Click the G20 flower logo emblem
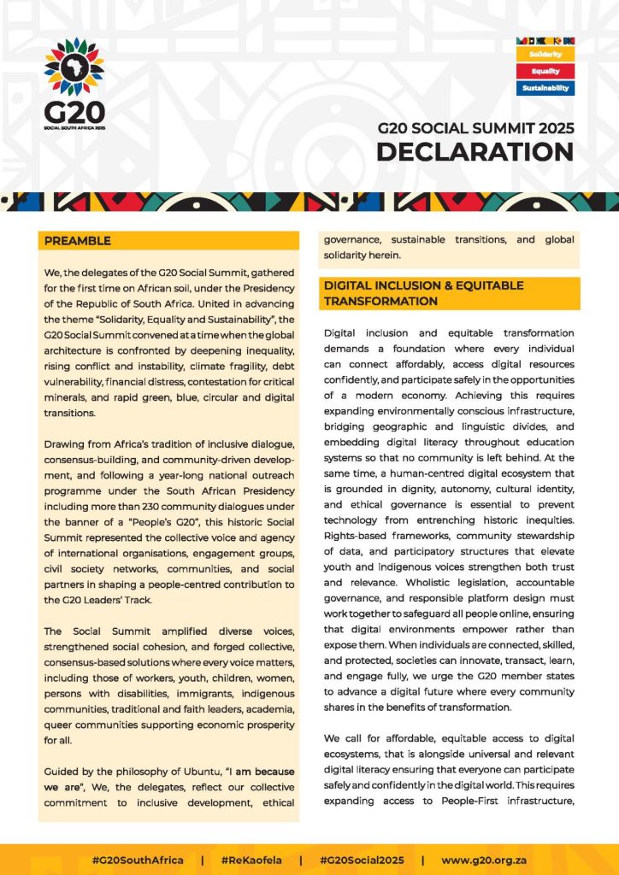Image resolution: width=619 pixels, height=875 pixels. [74, 65]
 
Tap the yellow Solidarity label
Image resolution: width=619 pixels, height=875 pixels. [545, 55]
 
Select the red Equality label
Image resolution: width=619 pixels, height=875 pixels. [545, 71]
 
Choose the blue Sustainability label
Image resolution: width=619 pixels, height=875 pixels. [545, 87]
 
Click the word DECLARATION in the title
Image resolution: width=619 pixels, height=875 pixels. [475, 151]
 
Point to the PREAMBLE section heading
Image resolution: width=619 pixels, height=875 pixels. [78, 241]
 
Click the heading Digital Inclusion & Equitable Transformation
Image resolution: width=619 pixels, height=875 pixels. [423, 293]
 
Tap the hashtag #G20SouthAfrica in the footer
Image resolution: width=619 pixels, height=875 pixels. [138, 860]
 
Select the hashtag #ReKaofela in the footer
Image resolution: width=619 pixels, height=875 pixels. [251, 860]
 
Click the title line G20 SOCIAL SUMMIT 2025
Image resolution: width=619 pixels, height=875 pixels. [476, 128]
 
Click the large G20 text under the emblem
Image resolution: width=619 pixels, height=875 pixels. [74, 112]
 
